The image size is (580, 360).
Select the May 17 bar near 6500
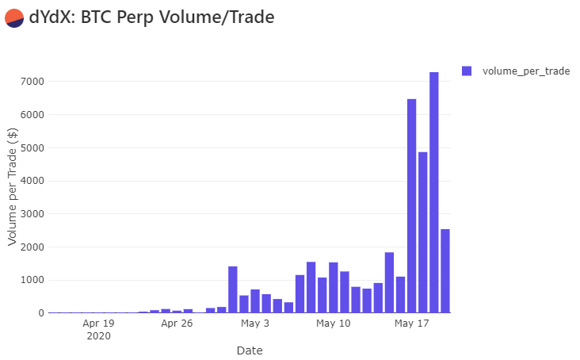click(412, 206)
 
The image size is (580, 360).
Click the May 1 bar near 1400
click(233, 289)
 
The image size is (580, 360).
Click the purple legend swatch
click(467, 71)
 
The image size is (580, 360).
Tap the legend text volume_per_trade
click(526, 71)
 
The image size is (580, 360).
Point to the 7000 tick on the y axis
click(32, 82)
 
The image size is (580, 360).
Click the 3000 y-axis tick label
click(32, 214)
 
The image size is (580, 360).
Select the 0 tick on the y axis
click(40, 313)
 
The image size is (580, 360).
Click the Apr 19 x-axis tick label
click(98, 324)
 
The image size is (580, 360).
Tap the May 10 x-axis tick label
click(333, 324)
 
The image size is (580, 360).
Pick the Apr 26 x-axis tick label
click(177, 324)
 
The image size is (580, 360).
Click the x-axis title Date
click(250, 350)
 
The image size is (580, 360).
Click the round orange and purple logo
click(13, 17)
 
